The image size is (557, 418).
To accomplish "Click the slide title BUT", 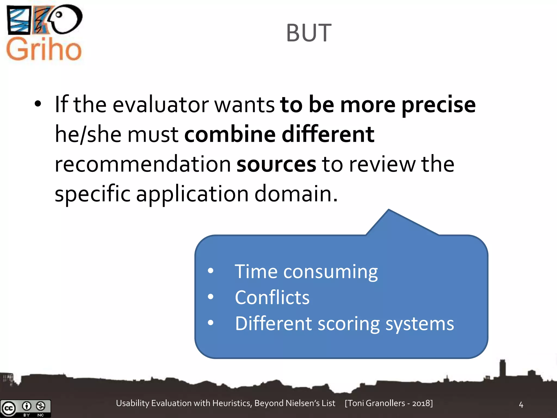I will (309, 33).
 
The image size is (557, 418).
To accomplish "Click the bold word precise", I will (438, 105).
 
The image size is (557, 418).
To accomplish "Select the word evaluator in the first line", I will (160, 105).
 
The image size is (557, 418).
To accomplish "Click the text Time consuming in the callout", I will (306, 272).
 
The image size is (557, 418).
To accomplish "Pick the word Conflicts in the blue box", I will (272, 297).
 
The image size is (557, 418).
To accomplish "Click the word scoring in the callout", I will (349, 324).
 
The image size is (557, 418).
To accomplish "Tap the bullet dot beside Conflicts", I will (211, 297).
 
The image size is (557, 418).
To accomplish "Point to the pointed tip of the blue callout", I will (389, 210).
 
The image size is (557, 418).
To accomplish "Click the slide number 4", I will (521, 405).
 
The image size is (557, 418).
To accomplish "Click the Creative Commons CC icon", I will (8, 408).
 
